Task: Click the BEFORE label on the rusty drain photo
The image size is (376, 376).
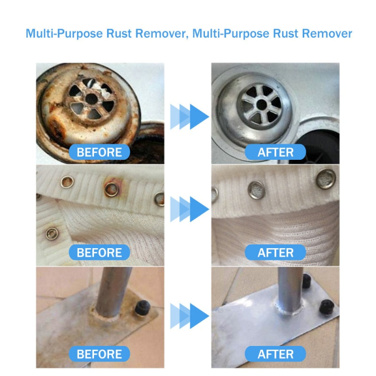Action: coord(99,152)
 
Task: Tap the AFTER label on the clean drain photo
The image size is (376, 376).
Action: coord(275,152)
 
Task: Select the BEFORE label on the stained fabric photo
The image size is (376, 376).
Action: coord(99,252)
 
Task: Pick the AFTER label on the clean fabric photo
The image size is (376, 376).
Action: coord(275,252)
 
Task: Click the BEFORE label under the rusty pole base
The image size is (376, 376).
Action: coord(99,353)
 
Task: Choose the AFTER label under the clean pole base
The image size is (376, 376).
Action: coord(275,353)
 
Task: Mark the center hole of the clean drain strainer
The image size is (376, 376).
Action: coord(262,102)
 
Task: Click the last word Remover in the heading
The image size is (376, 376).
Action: coord(326,33)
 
